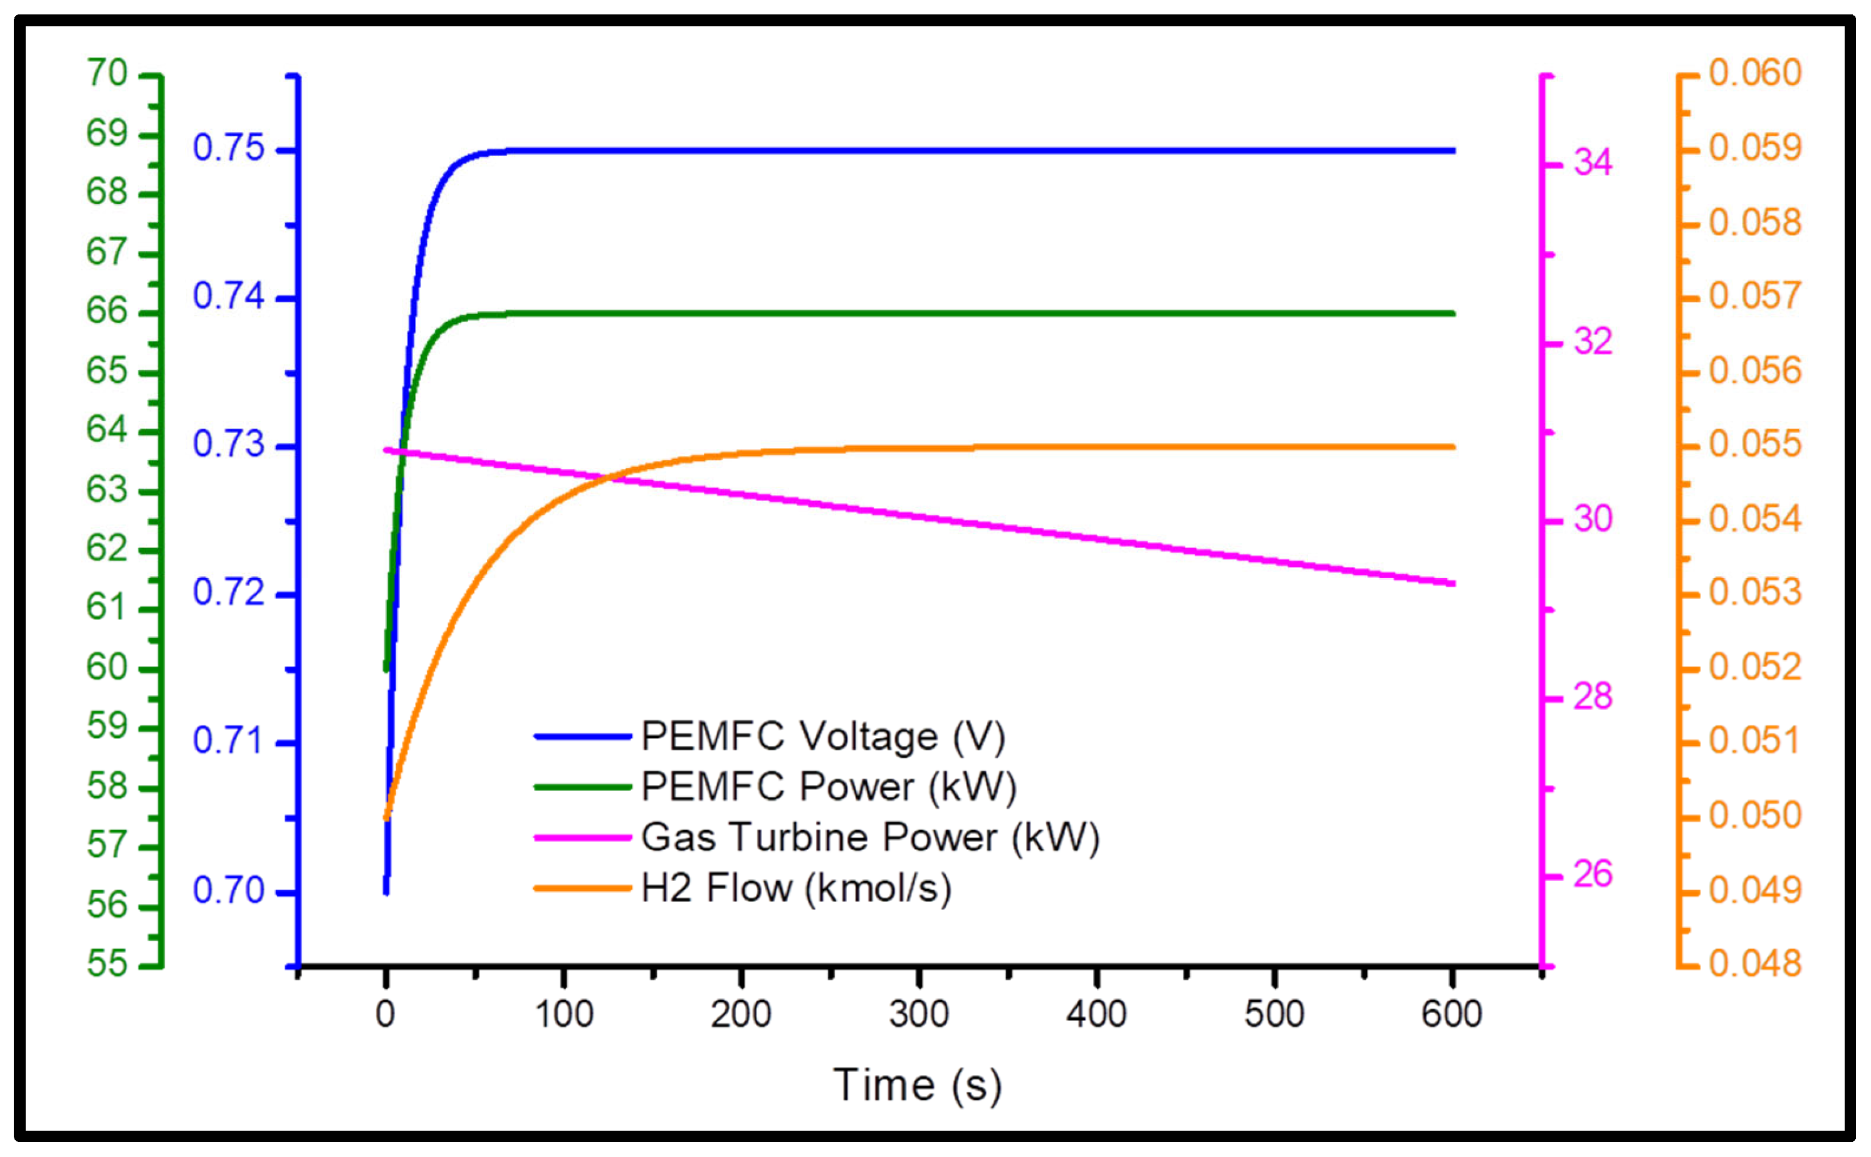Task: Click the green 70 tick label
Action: click(107, 73)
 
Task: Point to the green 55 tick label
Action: click(107, 963)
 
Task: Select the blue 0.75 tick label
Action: click(228, 148)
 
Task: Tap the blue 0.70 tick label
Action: click(228, 890)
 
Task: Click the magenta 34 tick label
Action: click(1592, 162)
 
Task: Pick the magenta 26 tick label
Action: click(1592, 874)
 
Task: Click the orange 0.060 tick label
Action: click(1754, 73)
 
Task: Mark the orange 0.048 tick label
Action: click(1754, 963)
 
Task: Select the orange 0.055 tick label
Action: click(1754, 445)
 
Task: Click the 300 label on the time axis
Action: click(919, 1015)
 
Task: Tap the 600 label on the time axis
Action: click(1452, 1015)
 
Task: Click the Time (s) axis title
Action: click(917, 1085)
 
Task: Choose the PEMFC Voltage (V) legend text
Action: click(823, 736)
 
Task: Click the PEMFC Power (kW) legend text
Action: click(829, 787)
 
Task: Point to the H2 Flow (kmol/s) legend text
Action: click(796, 888)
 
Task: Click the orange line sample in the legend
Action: click(582, 888)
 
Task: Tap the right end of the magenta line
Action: click(1452, 584)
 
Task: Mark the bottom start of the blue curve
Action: click(386, 891)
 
